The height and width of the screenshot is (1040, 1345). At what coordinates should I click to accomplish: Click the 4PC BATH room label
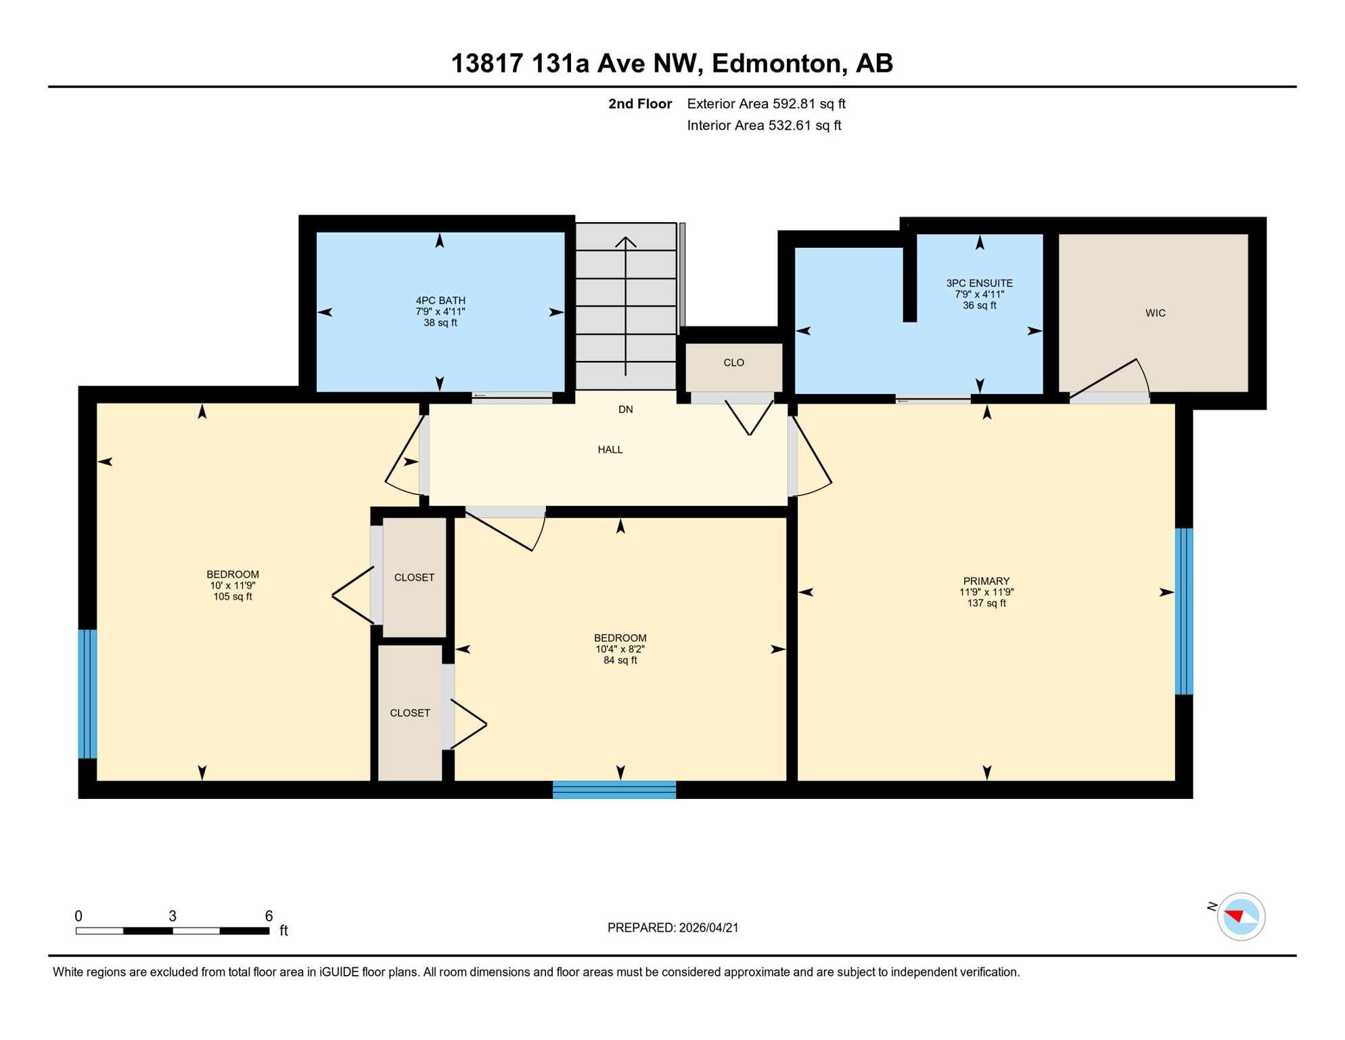coord(440,311)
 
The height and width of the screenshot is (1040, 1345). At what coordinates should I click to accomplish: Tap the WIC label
coord(1155,313)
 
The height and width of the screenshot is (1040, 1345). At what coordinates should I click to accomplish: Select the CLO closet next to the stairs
coord(733,363)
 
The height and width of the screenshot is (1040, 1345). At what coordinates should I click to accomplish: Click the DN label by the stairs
coord(625,410)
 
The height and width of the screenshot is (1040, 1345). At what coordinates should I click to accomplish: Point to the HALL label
coord(610,450)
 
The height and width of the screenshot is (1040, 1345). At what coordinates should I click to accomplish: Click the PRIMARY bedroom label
coord(986,591)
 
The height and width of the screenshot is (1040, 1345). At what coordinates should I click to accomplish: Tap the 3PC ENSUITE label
coord(979,294)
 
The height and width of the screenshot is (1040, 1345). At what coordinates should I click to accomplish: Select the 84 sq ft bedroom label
coord(620,649)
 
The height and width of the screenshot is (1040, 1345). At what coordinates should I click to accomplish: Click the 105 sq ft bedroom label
coord(232,585)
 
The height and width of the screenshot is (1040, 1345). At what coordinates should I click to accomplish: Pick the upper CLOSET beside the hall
coord(414,578)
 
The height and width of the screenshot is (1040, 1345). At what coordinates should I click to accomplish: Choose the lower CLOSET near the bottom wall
coord(410,713)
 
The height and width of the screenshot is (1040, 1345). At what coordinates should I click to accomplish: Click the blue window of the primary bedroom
coord(1183,611)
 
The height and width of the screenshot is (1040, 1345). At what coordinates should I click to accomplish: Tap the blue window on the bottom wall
coord(614,789)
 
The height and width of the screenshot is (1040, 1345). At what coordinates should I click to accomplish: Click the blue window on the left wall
coord(88,693)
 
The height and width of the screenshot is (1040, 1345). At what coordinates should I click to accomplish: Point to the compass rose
coord(1240,917)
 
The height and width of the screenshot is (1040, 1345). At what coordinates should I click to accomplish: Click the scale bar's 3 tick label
coord(173,916)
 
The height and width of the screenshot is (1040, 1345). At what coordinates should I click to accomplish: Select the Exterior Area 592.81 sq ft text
coord(766,104)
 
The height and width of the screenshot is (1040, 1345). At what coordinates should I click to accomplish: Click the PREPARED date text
coord(672,928)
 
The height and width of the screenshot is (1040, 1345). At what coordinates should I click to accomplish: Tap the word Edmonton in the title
coord(778,63)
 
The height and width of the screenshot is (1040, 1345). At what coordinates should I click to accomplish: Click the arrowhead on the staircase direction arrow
coord(625,241)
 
